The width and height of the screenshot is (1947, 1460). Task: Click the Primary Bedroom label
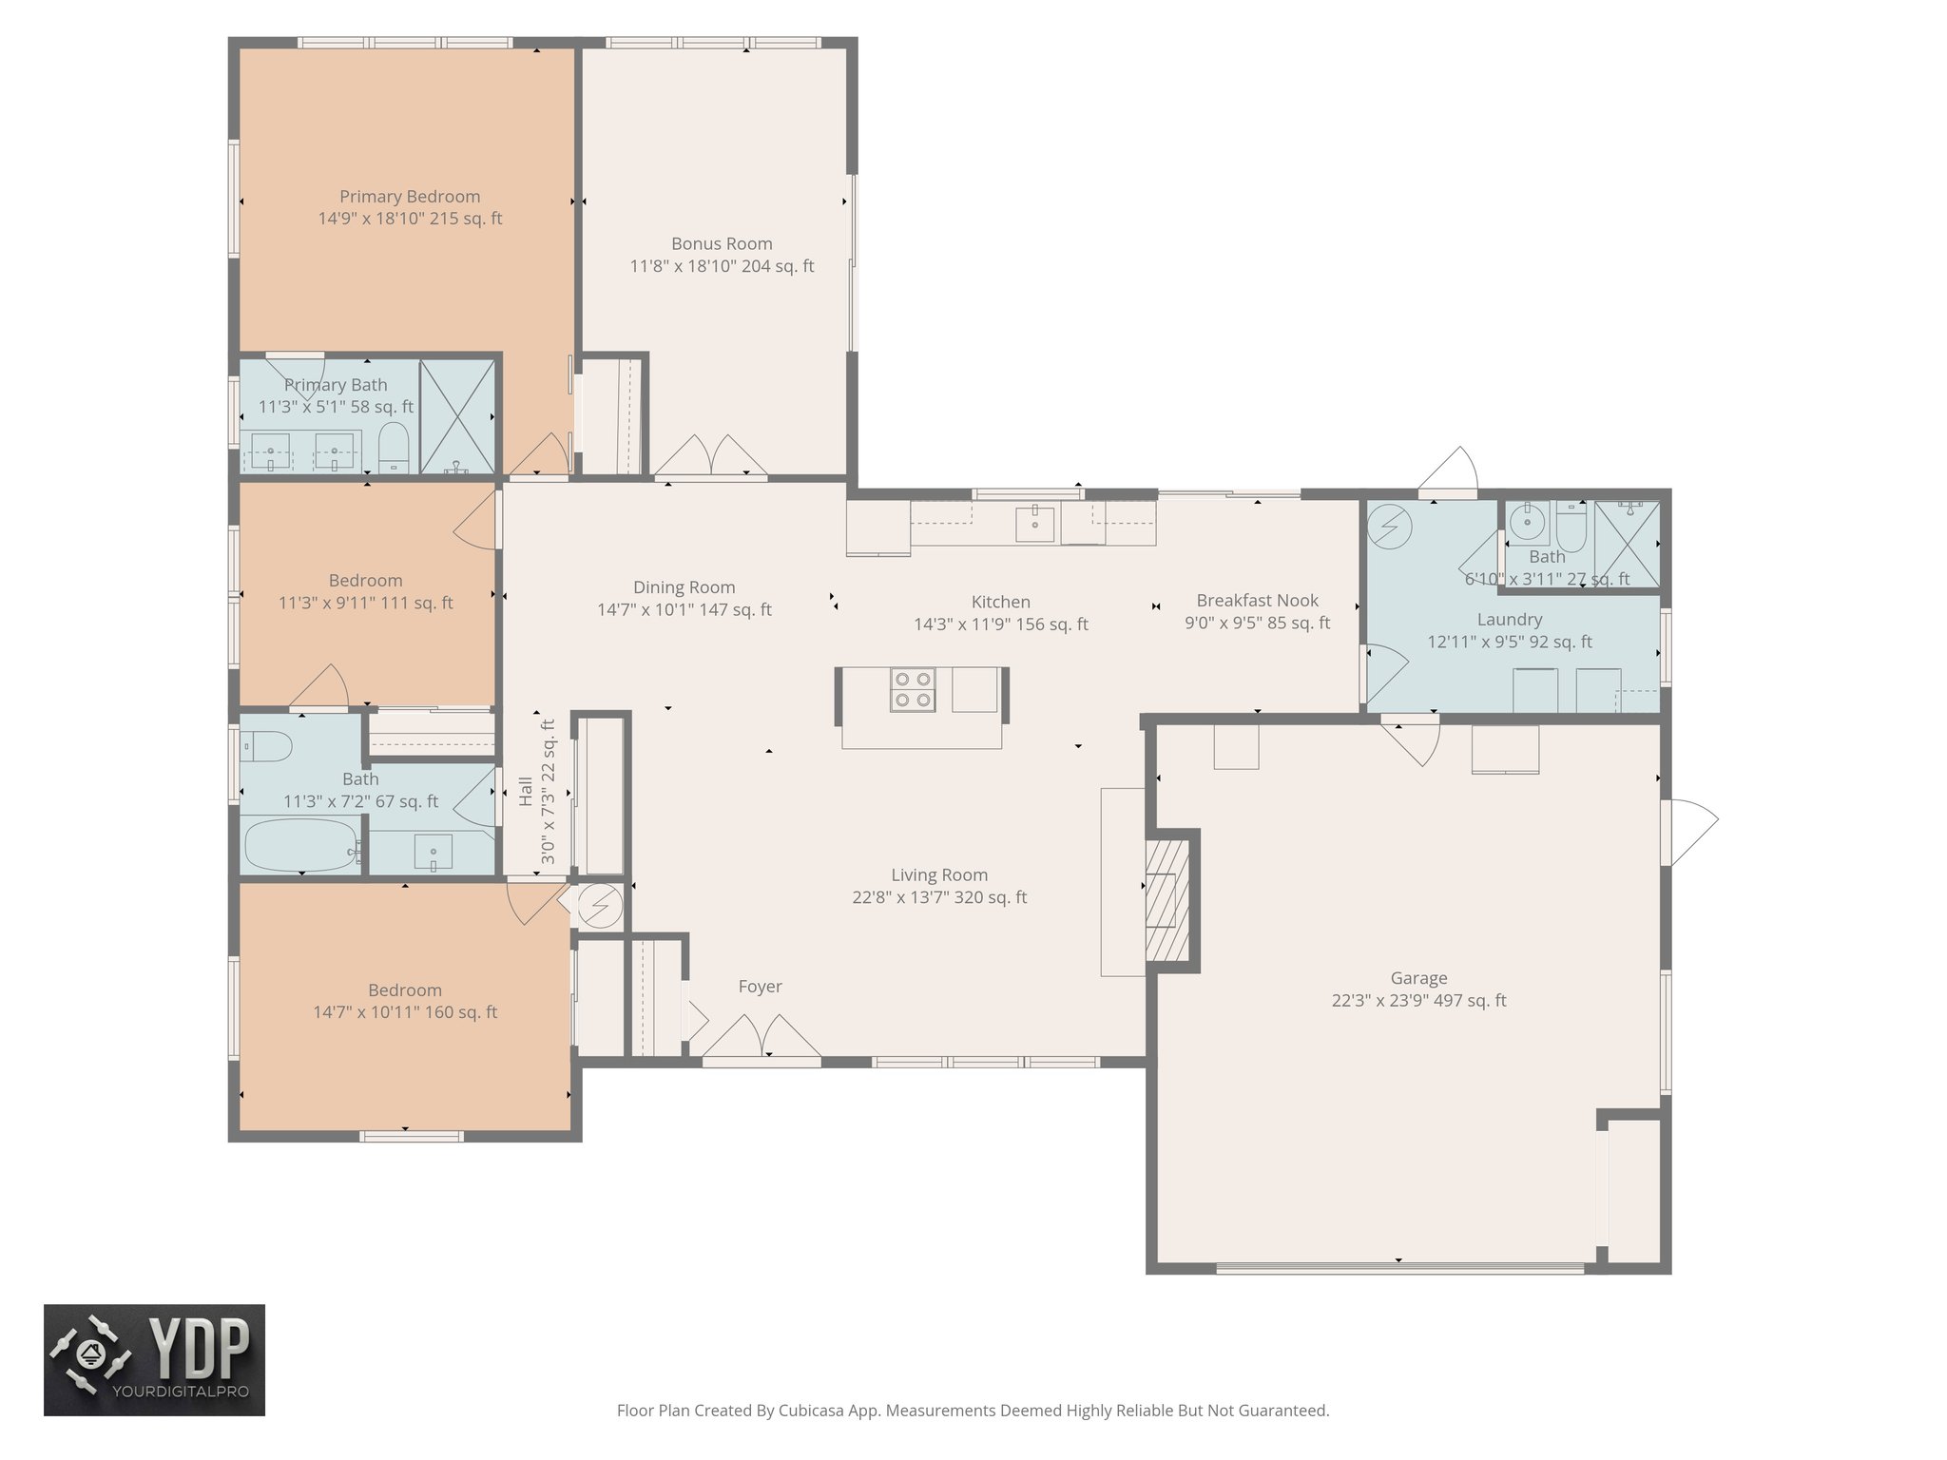pyautogui.click(x=410, y=197)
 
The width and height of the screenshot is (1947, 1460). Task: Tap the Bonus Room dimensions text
pyautogui.click(x=722, y=266)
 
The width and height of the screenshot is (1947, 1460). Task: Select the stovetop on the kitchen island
pyautogui.click(x=913, y=689)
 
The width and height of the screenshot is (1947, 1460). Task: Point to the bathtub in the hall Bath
pyautogui.click(x=300, y=845)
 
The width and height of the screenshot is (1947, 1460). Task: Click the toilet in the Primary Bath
pyautogui.click(x=393, y=449)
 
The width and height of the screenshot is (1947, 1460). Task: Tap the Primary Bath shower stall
pyautogui.click(x=457, y=416)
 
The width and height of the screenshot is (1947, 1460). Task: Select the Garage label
pyautogui.click(x=1418, y=977)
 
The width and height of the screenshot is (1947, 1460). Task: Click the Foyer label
pyautogui.click(x=760, y=987)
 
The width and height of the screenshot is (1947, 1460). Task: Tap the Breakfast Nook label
pyautogui.click(x=1257, y=601)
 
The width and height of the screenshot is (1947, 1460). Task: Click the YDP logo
pyautogui.click(x=154, y=1359)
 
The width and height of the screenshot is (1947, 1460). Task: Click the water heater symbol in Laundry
pyautogui.click(x=1389, y=526)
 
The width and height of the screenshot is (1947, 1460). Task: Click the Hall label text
pyautogui.click(x=526, y=792)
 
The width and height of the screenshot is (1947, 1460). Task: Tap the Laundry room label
pyautogui.click(x=1509, y=620)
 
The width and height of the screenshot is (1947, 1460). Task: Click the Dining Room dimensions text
pyautogui.click(x=684, y=610)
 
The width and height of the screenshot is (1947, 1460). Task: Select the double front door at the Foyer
pyautogui.click(x=761, y=1038)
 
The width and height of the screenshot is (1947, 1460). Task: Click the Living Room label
pyautogui.click(x=939, y=874)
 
